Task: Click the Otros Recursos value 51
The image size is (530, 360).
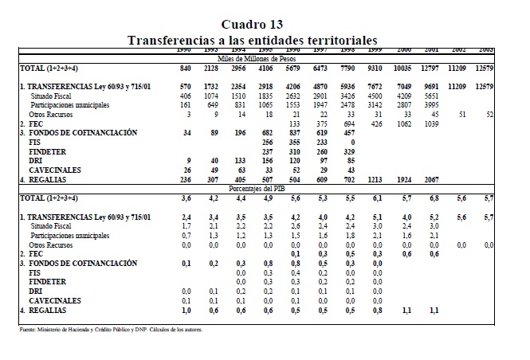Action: (482, 115)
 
